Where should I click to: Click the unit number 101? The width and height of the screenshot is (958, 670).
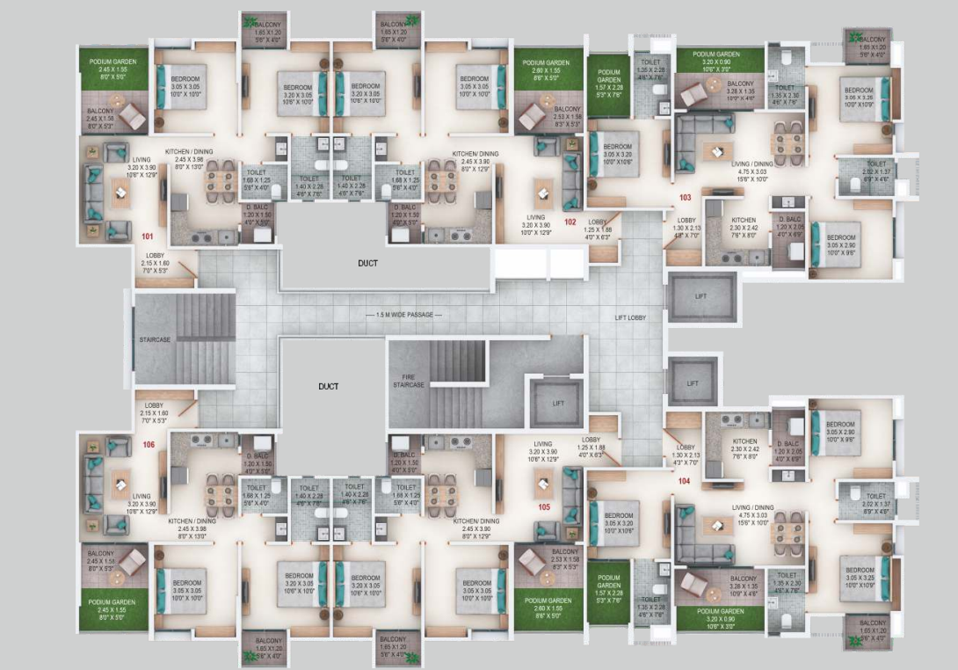point(148,237)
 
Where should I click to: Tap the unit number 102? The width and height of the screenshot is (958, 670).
point(570,222)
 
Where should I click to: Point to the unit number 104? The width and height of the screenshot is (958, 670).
point(684,481)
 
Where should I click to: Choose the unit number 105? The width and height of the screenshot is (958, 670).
point(544,506)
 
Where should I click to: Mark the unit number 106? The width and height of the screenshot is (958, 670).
point(149,445)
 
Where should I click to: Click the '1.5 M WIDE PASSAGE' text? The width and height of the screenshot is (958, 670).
point(403,315)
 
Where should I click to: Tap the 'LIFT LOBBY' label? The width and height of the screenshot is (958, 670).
point(631,317)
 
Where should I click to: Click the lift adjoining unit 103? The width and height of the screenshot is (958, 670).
point(700,297)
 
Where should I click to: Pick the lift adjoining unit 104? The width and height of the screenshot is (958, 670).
point(693,383)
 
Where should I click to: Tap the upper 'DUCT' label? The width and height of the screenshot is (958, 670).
point(367,262)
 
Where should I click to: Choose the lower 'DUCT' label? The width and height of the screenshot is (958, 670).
point(330,385)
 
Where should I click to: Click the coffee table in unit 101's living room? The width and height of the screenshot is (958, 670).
point(120,190)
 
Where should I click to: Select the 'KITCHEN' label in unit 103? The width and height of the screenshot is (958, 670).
point(744,220)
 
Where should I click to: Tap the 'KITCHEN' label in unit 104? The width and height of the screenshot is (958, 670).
point(744,441)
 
